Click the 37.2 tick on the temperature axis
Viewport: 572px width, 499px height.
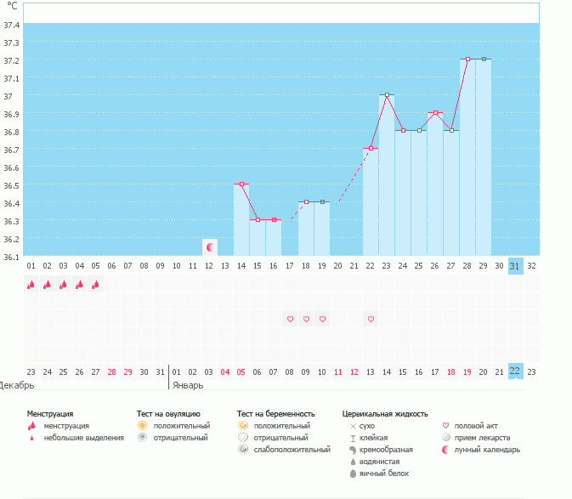click(x=12, y=60)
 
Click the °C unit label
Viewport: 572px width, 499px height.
click(x=12, y=6)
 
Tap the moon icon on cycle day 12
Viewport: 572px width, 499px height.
click(x=209, y=247)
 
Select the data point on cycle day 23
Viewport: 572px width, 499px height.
click(x=387, y=95)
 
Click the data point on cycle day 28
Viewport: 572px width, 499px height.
click(x=467, y=60)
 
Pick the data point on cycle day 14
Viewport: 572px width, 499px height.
click(x=241, y=184)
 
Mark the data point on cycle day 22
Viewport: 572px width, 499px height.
click(x=371, y=148)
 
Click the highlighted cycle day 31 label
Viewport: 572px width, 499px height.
click(x=515, y=266)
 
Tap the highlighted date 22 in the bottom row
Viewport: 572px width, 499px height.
click(x=515, y=371)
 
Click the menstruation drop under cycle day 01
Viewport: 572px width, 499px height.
click(x=31, y=286)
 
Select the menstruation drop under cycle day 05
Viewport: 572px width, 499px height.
click(x=96, y=286)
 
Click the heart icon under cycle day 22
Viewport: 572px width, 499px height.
click(x=371, y=319)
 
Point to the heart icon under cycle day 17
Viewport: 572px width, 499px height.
click(x=290, y=319)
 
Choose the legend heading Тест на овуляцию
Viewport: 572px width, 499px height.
click(x=168, y=413)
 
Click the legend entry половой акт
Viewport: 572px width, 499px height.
click(x=475, y=425)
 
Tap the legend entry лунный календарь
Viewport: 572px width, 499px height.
click(x=487, y=449)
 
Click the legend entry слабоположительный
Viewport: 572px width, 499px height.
click(x=292, y=449)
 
